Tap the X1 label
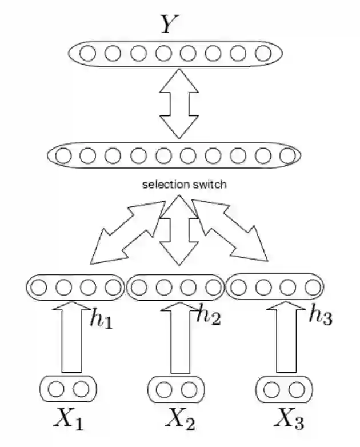[68, 421]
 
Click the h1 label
[102, 320]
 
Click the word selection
[162, 185]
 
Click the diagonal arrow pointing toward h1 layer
[122, 234]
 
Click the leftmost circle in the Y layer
[87, 54]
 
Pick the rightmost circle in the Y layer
[263, 54]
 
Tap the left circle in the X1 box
[55, 389]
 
